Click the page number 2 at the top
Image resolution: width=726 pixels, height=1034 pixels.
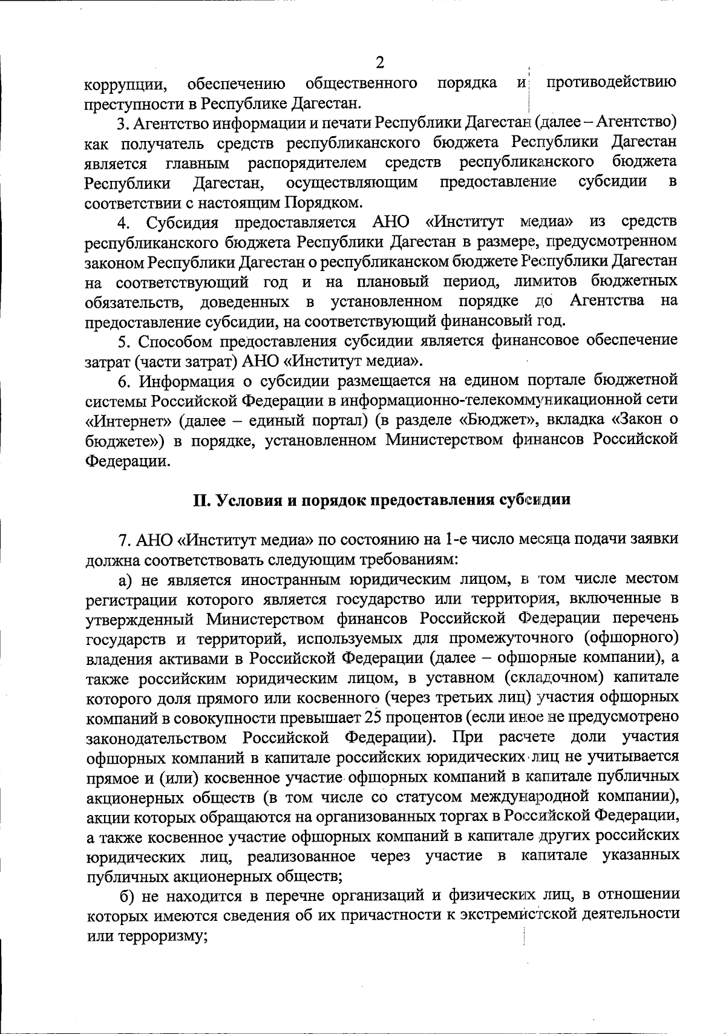click(380, 62)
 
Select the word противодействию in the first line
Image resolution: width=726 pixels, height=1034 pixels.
click(611, 82)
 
